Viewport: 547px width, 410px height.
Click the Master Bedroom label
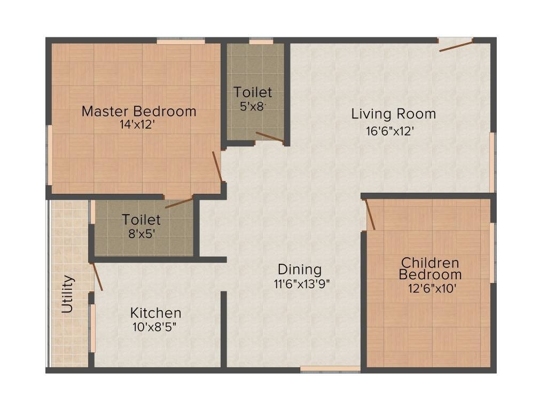point(139,112)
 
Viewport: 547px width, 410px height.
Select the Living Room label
point(393,114)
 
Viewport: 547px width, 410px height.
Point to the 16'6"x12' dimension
point(390,131)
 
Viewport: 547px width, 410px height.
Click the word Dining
point(299,270)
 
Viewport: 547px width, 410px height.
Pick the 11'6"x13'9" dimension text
point(302,284)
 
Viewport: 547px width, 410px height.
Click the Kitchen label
point(156,313)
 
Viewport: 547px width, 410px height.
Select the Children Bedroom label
point(430,269)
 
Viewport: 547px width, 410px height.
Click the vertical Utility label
point(67,294)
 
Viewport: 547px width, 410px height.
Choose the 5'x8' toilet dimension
point(252,106)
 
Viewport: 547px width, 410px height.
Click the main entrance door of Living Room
point(456,45)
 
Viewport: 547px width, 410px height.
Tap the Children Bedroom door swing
point(370,215)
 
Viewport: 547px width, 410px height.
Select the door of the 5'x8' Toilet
point(269,137)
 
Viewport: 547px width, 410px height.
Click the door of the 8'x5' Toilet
point(179,202)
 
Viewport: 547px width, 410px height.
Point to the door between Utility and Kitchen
point(97,277)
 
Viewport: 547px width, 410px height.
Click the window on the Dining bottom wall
point(330,368)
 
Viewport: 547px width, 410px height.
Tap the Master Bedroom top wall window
point(181,41)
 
